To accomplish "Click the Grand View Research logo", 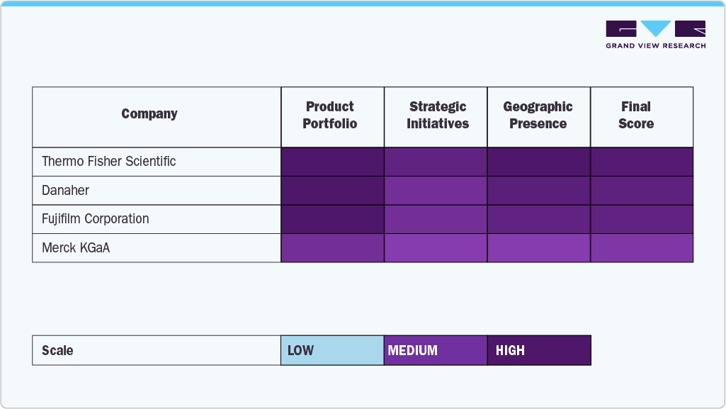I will (655, 34).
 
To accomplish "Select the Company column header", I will (149, 114).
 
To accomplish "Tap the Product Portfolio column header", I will (330, 115).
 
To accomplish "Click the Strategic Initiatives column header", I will (438, 115).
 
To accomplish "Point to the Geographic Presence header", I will (538, 115).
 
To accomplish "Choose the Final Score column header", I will (636, 115).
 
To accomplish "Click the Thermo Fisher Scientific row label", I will (109, 162).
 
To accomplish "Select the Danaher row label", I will (66, 191).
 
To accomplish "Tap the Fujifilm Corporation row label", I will (96, 219).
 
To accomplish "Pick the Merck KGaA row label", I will (76, 248).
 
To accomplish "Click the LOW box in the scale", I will (332, 350).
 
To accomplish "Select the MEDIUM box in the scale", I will (436, 350).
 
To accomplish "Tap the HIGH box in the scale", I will (539, 350).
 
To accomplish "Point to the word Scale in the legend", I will (57, 351).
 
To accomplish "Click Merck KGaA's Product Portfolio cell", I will (332, 248).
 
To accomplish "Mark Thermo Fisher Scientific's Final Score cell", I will (642, 162).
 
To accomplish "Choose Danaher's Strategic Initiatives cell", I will (436, 191).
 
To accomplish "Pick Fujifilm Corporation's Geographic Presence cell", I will (539, 219).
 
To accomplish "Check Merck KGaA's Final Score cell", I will (642, 248).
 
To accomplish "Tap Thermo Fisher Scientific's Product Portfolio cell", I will (332, 162).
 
